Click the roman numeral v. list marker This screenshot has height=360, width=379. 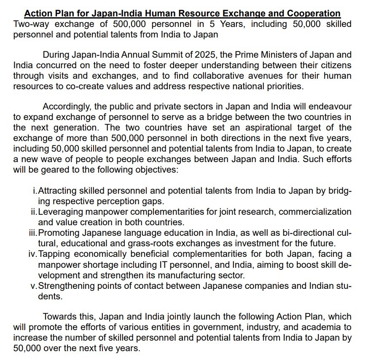click(34, 286)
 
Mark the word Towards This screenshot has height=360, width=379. click(59, 316)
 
